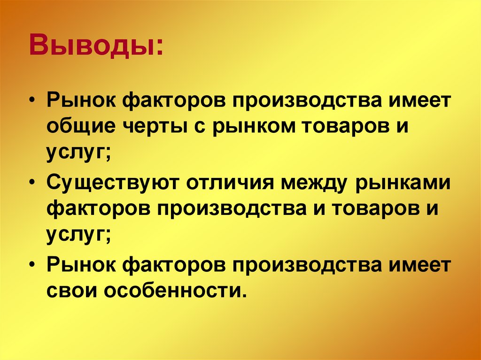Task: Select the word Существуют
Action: pyautogui.click(x=112, y=182)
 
